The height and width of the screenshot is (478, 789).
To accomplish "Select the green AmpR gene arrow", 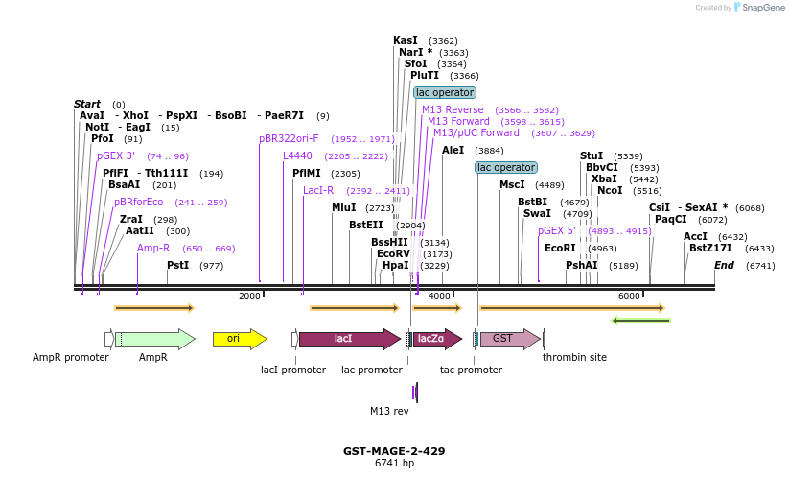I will pyautogui.click(x=153, y=339).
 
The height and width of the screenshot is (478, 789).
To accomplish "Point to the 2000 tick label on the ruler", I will pyautogui.click(x=249, y=296).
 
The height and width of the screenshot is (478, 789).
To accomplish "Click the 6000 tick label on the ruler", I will pyautogui.click(x=629, y=296).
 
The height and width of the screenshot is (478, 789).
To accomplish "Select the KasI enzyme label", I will pyautogui.click(x=405, y=41).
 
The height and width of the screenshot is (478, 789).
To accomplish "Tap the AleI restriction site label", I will pyautogui.click(x=453, y=151).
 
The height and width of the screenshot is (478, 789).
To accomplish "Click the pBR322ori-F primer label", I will pyautogui.click(x=289, y=139).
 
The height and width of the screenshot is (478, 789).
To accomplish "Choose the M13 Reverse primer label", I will pyautogui.click(x=453, y=110).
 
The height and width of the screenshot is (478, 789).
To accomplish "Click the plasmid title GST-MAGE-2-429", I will pyautogui.click(x=394, y=451).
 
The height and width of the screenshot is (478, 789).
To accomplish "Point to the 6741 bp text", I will pyautogui.click(x=394, y=464).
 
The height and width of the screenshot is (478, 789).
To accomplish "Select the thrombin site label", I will pyautogui.click(x=574, y=357).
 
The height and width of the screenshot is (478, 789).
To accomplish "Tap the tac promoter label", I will pyautogui.click(x=471, y=370).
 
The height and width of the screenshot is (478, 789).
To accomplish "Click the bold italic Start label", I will pyautogui.click(x=87, y=104).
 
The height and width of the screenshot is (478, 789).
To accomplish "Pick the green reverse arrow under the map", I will pyautogui.click(x=640, y=321).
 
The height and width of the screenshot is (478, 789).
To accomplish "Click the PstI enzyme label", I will pyautogui.click(x=177, y=265).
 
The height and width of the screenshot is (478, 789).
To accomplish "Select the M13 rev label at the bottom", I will pyautogui.click(x=389, y=411).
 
